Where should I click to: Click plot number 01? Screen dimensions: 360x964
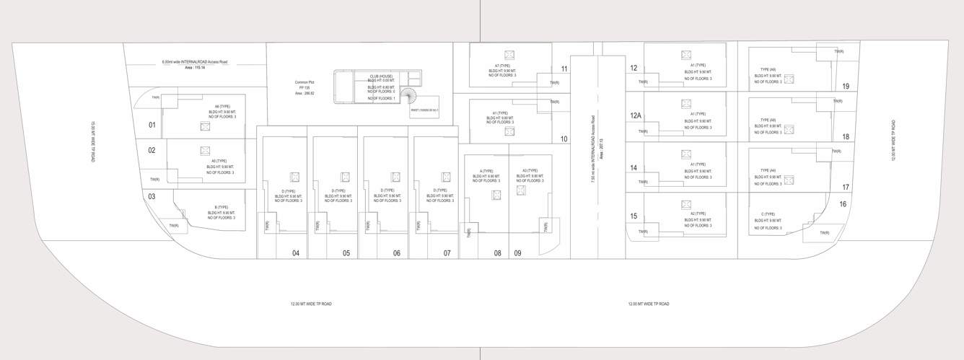coord(152,125)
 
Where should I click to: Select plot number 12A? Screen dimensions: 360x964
coord(636,115)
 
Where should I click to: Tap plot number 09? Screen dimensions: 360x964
coord(517,253)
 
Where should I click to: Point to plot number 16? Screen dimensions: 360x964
coord(843,204)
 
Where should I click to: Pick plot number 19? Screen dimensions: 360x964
coord(846,87)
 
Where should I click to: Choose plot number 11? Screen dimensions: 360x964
coord(564,69)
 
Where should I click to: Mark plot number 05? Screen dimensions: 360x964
coord(346,253)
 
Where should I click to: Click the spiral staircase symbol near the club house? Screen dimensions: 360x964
coord(410,96)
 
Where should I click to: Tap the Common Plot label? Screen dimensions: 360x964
coord(304,82)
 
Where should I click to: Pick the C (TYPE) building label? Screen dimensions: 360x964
coord(768,214)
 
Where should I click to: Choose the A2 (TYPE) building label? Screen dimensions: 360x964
coord(698,214)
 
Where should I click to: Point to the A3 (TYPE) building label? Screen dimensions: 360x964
coord(530,171)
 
